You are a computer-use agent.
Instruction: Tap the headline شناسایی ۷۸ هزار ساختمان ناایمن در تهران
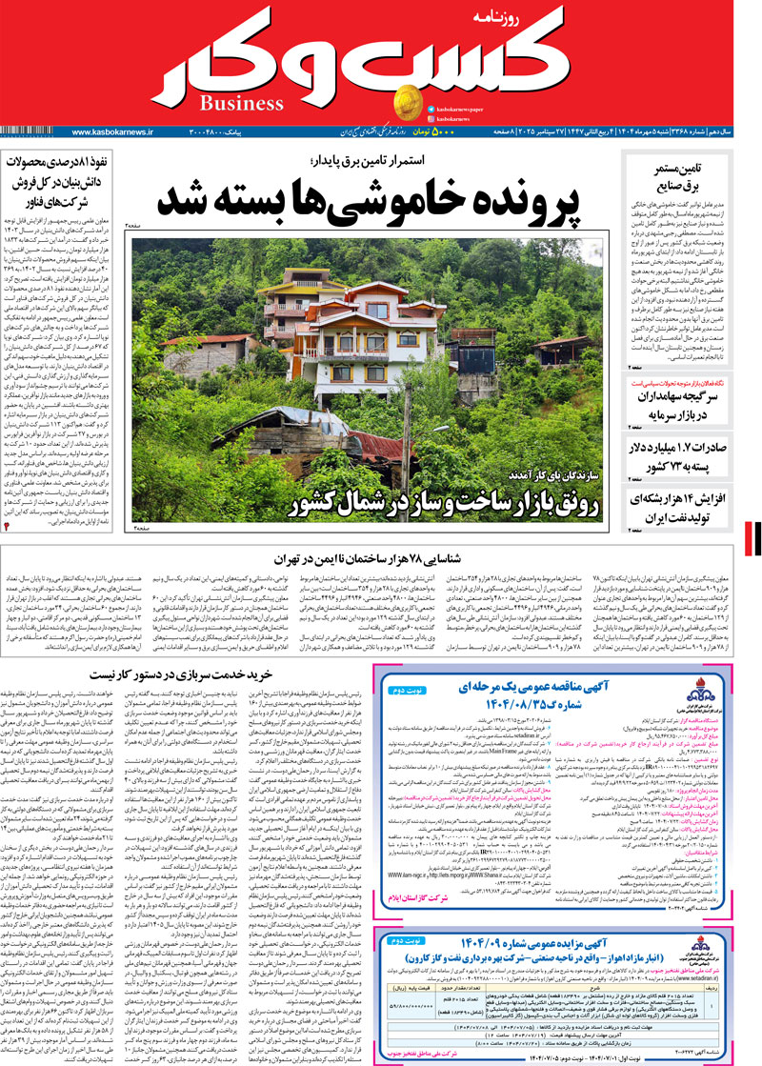click(381, 558)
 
